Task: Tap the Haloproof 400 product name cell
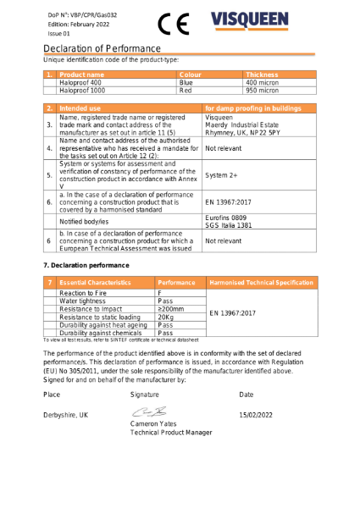coord(82,82)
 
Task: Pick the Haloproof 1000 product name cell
coord(83,90)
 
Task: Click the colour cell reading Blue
coord(186,82)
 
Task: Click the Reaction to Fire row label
coord(82,292)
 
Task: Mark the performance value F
coord(161,292)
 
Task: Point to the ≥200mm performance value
coord(171,309)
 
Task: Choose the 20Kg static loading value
coord(166,317)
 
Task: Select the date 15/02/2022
coord(256,415)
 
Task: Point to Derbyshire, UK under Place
coord(65,415)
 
